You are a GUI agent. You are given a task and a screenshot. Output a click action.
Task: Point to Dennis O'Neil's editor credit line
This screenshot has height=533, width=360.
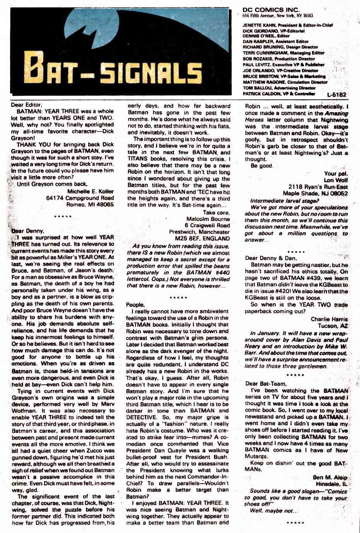pyautogui.click(x=262, y=36)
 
